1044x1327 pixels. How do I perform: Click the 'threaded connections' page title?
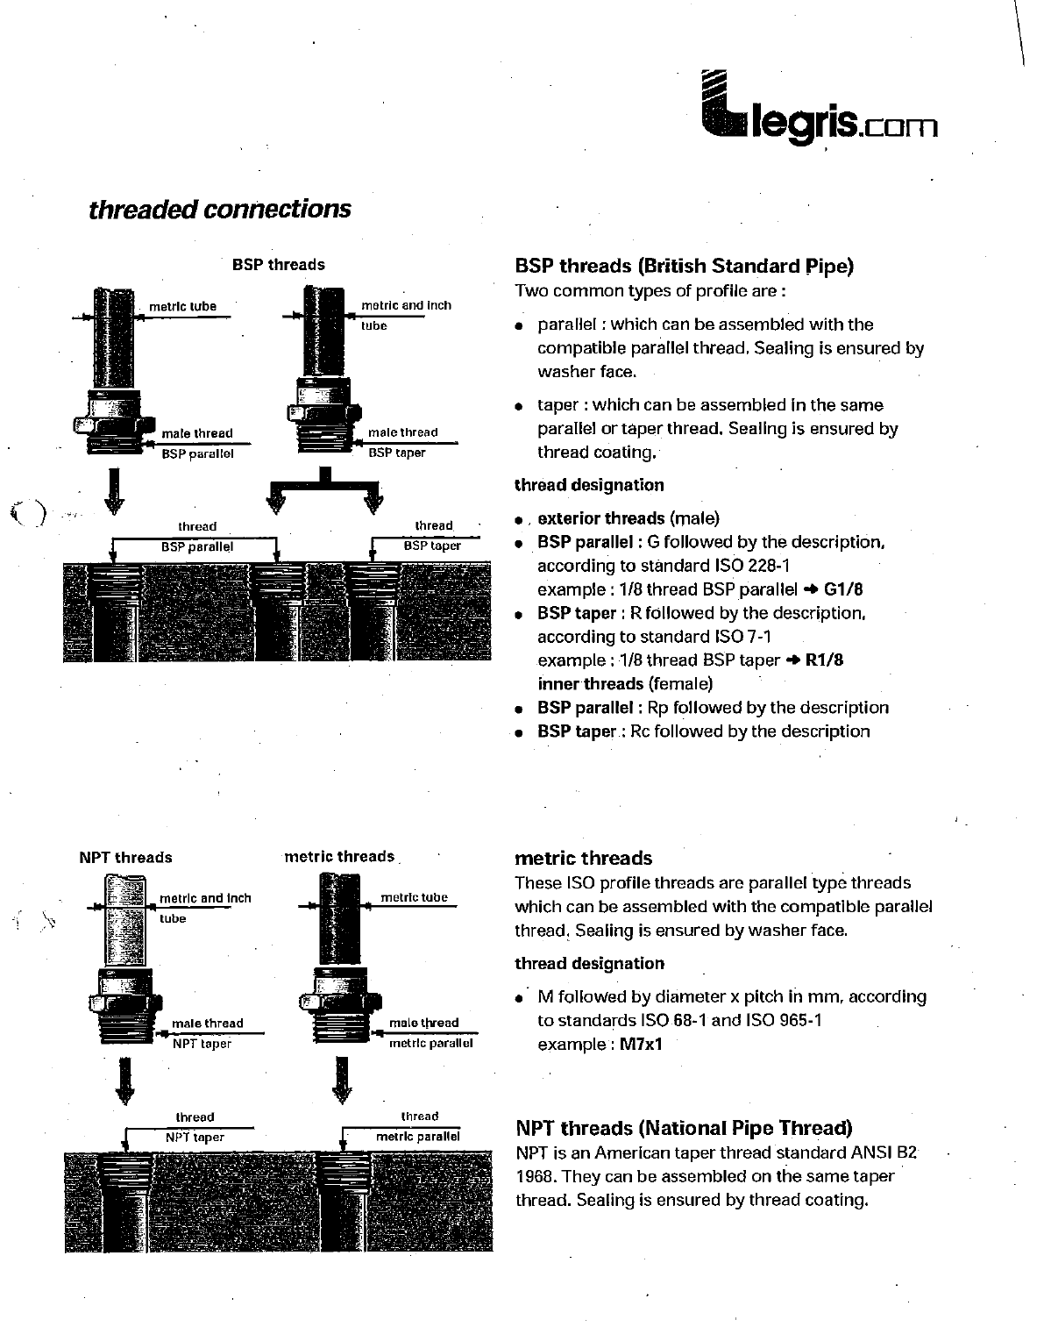(219, 210)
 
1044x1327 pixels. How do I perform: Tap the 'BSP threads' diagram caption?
(278, 265)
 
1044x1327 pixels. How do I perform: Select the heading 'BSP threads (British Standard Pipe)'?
(684, 266)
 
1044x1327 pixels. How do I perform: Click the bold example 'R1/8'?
(824, 660)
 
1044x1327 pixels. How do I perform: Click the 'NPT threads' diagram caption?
(125, 858)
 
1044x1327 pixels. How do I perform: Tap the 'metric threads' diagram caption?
(339, 857)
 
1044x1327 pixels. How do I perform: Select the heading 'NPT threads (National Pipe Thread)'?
(684, 1128)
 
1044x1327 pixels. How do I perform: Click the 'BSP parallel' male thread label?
(197, 454)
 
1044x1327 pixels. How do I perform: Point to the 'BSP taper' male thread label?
(397, 453)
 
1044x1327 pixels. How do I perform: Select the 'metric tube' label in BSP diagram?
(182, 307)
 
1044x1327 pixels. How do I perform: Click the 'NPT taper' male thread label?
(202, 1044)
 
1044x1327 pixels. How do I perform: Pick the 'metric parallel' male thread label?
(430, 1044)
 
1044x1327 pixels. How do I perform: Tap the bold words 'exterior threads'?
(600, 518)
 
